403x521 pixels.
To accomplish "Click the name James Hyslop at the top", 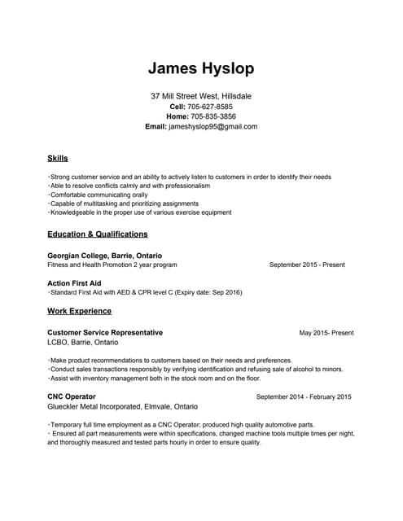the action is click(x=201, y=68).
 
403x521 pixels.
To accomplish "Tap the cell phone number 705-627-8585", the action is click(x=210, y=107).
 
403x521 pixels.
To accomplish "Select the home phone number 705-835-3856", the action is click(x=211, y=116).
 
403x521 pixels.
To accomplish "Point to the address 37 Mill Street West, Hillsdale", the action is click(x=201, y=96).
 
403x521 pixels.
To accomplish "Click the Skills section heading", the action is click(x=58, y=158).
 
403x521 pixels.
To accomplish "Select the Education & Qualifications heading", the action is click(x=98, y=234).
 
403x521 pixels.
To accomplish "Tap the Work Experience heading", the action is click(x=79, y=311).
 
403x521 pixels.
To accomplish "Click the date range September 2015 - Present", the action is click(x=306, y=265).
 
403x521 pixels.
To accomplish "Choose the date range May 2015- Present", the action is click(x=326, y=333).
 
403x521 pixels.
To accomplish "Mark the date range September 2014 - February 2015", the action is click(x=304, y=397).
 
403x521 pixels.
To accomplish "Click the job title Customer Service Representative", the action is click(x=105, y=333).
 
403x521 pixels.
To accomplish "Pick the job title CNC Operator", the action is click(x=72, y=397).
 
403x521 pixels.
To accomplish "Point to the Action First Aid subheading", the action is click(x=74, y=282).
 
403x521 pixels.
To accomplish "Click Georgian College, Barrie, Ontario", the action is click(x=104, y=256).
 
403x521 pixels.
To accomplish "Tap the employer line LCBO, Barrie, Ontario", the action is click(x=82, y=343).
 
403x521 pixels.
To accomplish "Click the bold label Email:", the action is click(x=156, y=127).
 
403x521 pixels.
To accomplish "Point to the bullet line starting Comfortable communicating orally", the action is click(x=99, y=195).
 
